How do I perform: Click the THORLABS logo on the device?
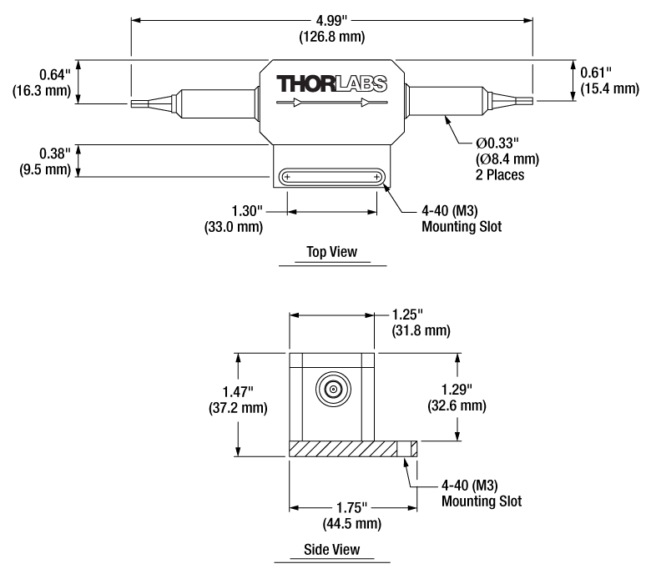[x=332, y=83]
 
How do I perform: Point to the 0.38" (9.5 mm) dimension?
[x=38, y=160]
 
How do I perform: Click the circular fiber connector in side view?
[x=332, y=389]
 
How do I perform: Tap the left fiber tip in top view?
[x=140, y=103]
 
